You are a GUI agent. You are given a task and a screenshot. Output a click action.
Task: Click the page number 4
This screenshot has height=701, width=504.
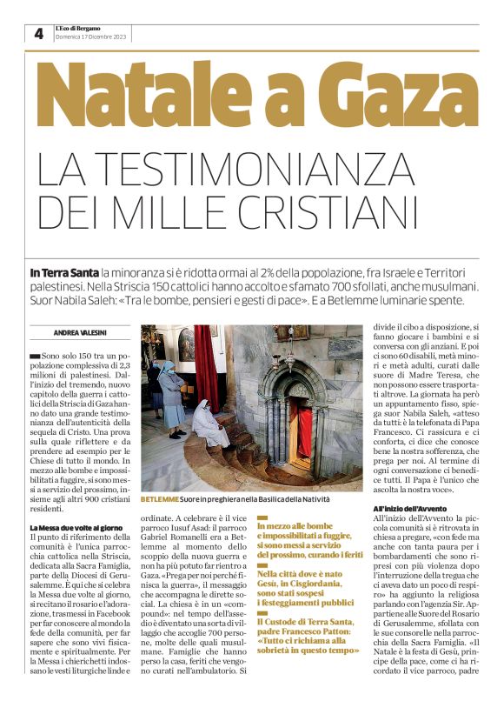click(38, 34)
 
